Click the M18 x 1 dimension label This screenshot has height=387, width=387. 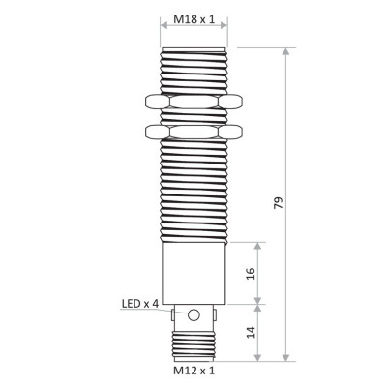click(193, 20)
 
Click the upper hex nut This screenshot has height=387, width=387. click(193, 102)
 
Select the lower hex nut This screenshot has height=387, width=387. click(193, 130)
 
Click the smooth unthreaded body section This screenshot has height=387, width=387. click(193, 272)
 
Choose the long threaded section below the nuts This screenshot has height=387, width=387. click(193, 189)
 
